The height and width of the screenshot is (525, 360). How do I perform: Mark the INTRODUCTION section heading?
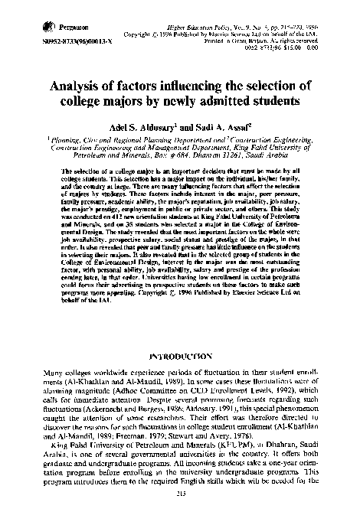point(180,356)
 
